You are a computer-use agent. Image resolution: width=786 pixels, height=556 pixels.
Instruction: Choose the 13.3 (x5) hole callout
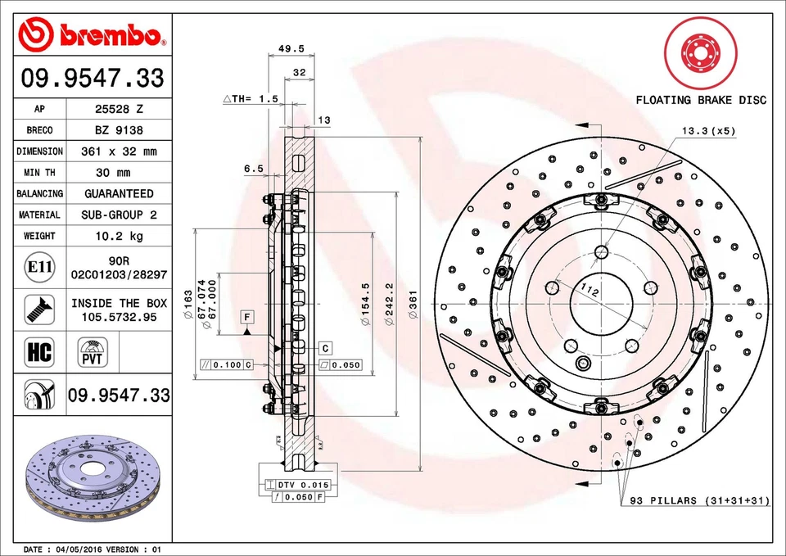pyautogui.click(x=708, y=131)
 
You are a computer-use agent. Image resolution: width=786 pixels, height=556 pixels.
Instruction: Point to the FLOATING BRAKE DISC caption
pyautogui.click(x=701, y=100)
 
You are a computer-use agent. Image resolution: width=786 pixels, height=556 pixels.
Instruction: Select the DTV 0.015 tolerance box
pyautogui.click(x=295, y=485)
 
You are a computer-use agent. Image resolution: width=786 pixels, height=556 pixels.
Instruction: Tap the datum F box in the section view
pyautogui.click(x=246, y=315)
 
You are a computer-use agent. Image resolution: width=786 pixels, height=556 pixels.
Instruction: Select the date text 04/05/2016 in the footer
pyautogui.click(x=79, y=549)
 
